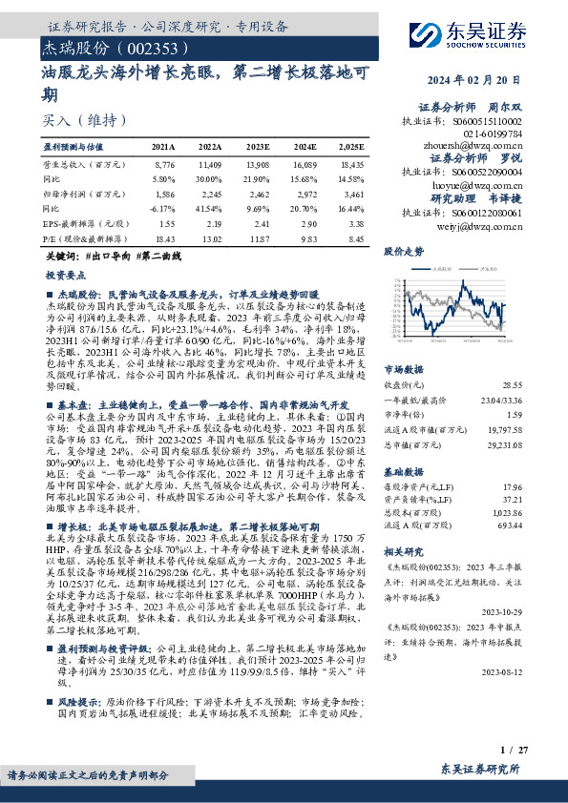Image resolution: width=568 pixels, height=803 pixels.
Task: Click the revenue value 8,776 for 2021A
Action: pos(164,165)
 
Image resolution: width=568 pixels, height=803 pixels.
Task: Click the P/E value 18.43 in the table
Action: pos(164,239)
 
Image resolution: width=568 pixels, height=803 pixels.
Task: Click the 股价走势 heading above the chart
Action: pos(402,252)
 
